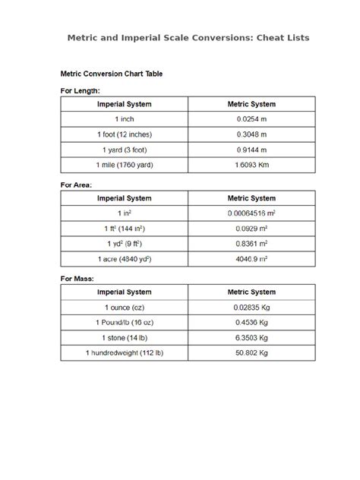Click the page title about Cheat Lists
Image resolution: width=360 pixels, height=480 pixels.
188,37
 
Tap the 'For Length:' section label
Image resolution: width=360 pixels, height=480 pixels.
81,90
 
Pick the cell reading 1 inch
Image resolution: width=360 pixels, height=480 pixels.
125,119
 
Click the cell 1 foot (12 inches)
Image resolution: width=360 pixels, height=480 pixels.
125,134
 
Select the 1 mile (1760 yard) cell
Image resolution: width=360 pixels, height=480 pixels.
125,165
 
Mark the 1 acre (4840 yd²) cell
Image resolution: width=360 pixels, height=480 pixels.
125,259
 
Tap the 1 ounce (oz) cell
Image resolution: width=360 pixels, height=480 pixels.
125,308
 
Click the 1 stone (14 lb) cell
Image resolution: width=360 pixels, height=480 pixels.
125,338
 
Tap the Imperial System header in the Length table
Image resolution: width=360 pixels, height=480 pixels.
125,104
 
